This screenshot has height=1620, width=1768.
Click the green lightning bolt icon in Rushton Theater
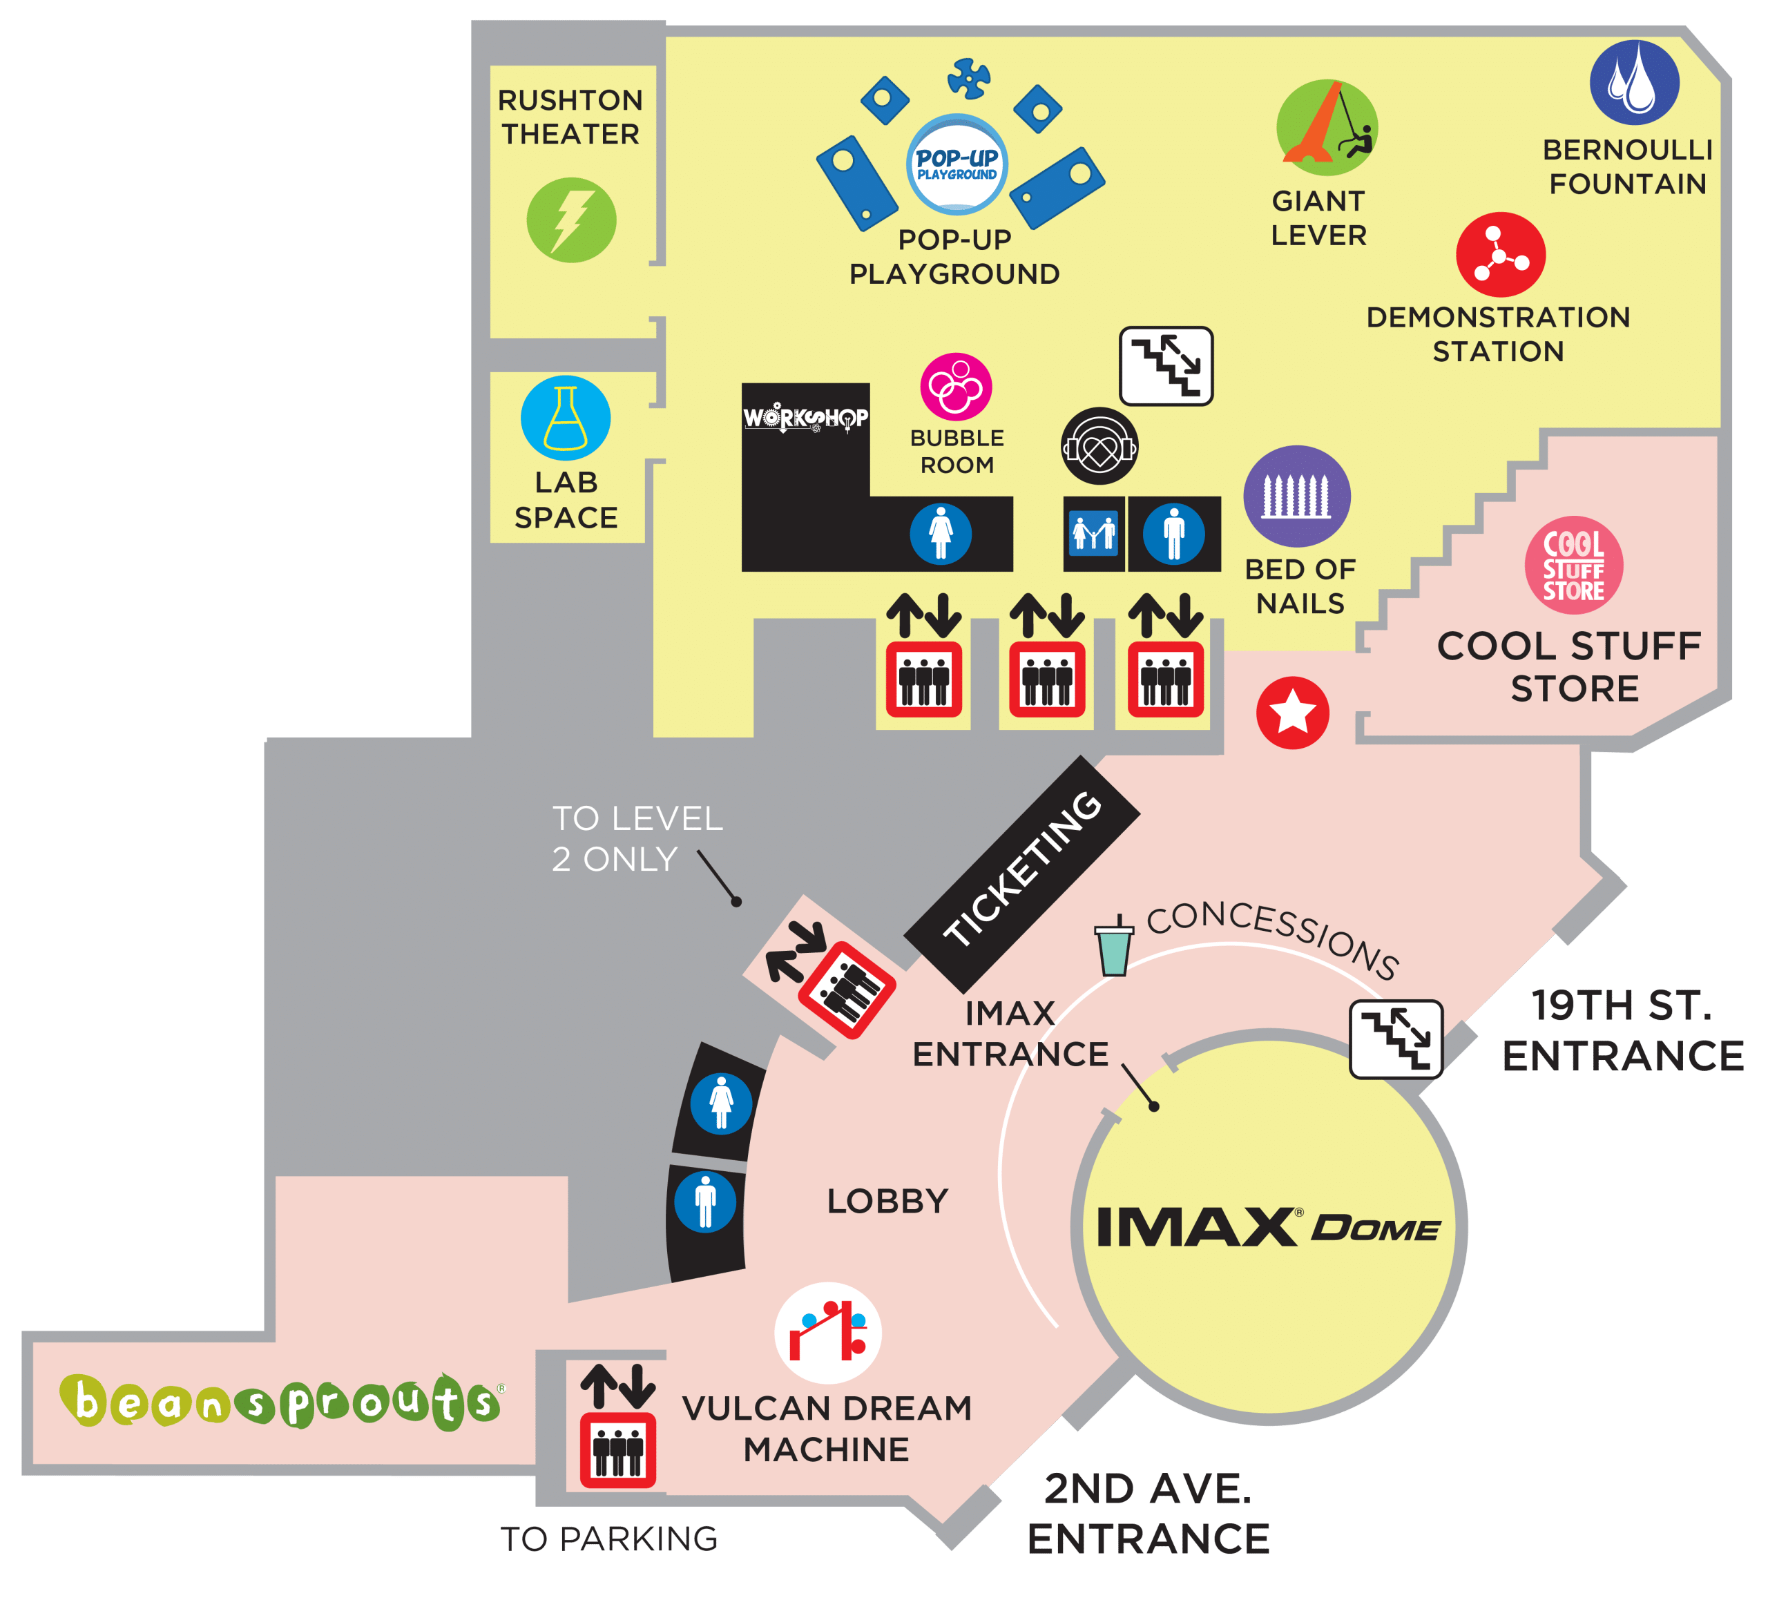(x=571, y=220)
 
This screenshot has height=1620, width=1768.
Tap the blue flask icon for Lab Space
(x=566, y=418)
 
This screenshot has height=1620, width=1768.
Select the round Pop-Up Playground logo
(x=957, y=164)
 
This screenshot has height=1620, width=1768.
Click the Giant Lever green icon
(x=1327, y=127)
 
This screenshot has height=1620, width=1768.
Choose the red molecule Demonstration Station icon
(x=1501, y=254)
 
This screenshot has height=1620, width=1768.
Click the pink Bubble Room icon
(x=956, y=387)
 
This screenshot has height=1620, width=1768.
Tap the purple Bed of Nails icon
(x=1297, y=496)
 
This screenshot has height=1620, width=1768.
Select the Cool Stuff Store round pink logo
(x=1574, y=565)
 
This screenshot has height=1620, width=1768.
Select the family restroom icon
(x=1093, y=534)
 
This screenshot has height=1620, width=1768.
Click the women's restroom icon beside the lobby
(x=721, y=1103)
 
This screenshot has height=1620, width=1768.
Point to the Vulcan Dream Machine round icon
(x=828, y=1333)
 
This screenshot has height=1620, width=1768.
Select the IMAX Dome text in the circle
(x=1268, y=1226)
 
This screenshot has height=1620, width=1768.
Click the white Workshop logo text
(x=806, y=418)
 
